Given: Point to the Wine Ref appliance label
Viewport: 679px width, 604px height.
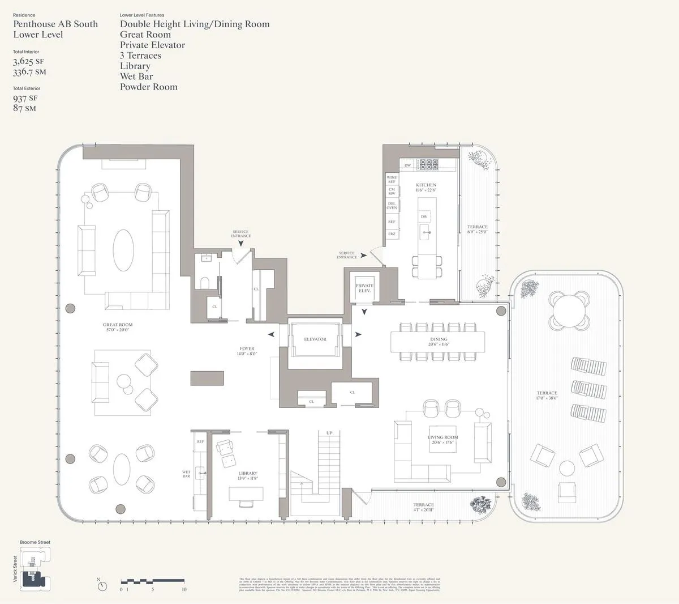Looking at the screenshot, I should coord(392,179).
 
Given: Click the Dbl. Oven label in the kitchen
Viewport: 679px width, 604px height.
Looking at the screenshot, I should coord(392,205).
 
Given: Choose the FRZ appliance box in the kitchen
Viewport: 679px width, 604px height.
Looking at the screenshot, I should coord(392,233).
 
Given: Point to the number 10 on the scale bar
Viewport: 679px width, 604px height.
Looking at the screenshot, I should coord(184,590).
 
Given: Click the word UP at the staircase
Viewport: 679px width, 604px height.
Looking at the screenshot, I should coord(329,433).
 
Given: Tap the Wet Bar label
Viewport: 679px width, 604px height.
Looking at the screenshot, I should coord(186,474).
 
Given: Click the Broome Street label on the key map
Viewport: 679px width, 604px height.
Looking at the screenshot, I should coord(35,542).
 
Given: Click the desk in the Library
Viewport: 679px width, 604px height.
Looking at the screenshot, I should coord(246,494).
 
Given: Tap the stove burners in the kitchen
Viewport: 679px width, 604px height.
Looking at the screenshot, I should coord(428,165).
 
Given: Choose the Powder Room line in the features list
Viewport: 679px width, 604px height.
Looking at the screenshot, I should coord(148,87).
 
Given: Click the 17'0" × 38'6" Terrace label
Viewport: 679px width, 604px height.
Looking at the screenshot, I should coord(547,395).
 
